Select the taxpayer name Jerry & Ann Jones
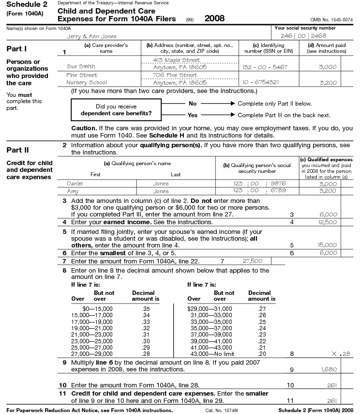92,36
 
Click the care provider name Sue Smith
81,66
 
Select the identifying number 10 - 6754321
260,82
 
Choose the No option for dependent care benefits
193,104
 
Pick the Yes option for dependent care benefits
193,115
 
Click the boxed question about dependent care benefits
116,110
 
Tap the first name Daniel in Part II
75,184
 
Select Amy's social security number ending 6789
261,191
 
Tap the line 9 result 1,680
329,369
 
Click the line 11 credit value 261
331,400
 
